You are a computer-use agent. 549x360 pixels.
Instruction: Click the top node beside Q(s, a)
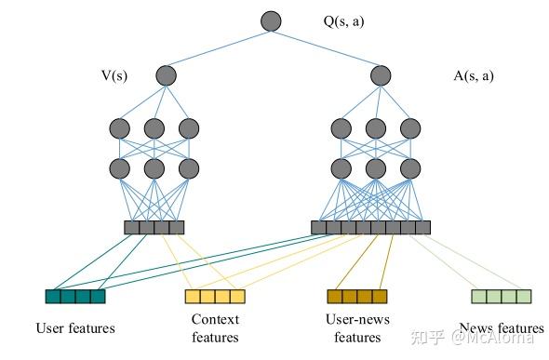(x=271, y=21)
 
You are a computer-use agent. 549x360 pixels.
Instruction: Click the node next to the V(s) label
(x=166, y=75)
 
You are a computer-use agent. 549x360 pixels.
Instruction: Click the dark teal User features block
(x=75, y=297)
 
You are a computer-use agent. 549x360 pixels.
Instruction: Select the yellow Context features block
(x=215, y=297)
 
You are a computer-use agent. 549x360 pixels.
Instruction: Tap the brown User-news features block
(x=356, y=297)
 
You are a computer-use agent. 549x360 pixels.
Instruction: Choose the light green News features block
(x=502, y=297)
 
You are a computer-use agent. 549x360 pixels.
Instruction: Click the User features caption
(x=75, y=327)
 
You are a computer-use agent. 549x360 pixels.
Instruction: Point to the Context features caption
(x=215, y=328)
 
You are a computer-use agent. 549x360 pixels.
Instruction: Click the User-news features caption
(x=357, y=328)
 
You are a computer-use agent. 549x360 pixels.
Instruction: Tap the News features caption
(x=502, y=327)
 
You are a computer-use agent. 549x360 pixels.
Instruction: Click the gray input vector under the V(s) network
(x=154, y=227)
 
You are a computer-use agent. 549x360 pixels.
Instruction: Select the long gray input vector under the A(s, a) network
(x=370, y=227)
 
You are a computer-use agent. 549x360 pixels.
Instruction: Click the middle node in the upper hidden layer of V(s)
(x=154, y=127)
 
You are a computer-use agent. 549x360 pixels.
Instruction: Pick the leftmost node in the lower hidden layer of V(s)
(x=120, y=168)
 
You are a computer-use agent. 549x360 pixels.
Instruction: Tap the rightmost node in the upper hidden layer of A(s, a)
(x=408, y=127)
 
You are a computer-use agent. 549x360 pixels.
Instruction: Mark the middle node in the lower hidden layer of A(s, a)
(x=375, y=168)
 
